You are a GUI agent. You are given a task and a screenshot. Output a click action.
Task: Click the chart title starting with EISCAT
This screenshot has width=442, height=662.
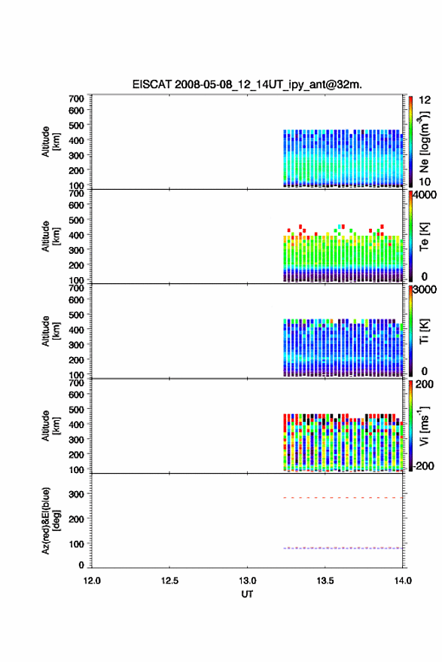point(247,84)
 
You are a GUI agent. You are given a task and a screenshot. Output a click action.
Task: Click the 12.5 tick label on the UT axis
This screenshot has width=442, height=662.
point(169,581)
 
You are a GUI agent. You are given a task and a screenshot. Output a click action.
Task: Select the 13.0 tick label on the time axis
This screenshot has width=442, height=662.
point(248,581)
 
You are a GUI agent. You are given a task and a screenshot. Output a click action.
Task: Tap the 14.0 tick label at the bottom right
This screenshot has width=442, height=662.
point(403,581)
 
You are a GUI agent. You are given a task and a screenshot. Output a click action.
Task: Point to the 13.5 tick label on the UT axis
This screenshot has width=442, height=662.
point(325,581)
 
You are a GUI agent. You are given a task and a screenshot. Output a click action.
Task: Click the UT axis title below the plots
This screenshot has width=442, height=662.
point(248,594)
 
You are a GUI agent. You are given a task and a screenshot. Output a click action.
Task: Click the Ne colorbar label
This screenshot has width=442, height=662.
point(424,142)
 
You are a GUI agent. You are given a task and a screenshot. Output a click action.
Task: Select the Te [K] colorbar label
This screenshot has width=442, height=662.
point(424,236)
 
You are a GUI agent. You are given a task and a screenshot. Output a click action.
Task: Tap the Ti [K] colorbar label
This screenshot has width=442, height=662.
point(424,331)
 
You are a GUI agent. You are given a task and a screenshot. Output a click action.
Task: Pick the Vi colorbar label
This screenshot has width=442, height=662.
point(424,426)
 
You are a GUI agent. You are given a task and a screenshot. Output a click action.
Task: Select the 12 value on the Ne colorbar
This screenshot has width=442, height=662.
point(425,100)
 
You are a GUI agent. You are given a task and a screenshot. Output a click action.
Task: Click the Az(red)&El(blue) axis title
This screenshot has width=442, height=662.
point(50,520)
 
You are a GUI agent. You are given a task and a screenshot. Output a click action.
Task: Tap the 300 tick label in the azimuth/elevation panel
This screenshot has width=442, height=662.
point(76,494)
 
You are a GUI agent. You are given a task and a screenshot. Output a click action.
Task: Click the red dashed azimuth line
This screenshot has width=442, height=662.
point(343,498)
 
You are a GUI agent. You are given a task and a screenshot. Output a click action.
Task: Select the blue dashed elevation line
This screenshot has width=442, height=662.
point(343,548)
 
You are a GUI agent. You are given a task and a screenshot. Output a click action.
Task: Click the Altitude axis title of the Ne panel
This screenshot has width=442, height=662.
point(50,142)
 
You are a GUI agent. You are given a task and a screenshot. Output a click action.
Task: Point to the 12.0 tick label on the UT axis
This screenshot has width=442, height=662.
point(92,581)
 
